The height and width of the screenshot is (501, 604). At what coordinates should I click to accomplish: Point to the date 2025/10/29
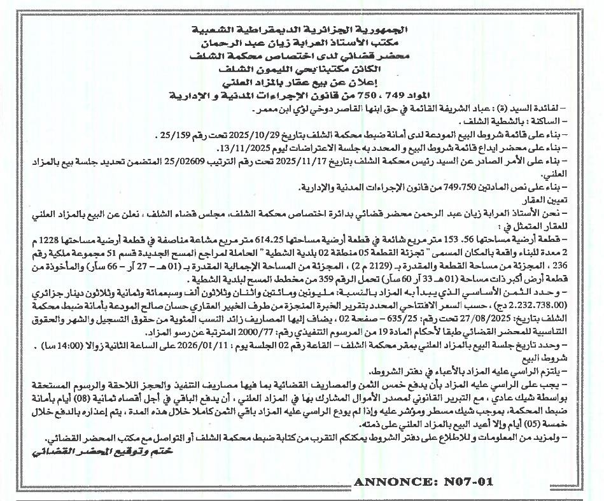[x=253, y=135]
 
